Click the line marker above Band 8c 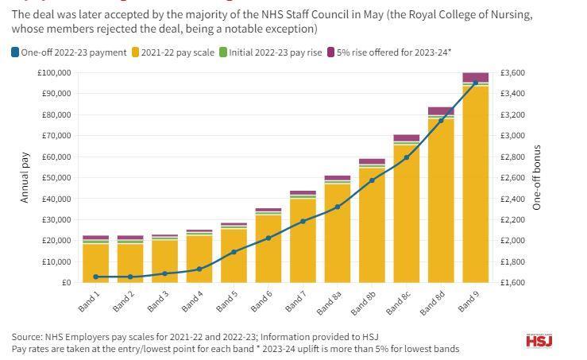coord(407,157)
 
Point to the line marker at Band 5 coord(234,252)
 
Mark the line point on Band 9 coord(475,83)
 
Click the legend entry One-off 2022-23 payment coord(68,52)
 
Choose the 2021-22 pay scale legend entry coord(173,52)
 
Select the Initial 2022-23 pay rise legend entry coord(271,52)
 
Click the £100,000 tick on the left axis coord(54,73)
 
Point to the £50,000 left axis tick coord(56,178)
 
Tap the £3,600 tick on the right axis coord(512,73)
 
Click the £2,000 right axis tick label coord(512,241)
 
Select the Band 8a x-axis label coord(329,303)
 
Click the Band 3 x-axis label coord(157,301)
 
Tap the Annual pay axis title coord(25,177)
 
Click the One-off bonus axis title coord(537,177)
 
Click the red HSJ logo coord(539,341)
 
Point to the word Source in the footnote coord(27,337)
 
